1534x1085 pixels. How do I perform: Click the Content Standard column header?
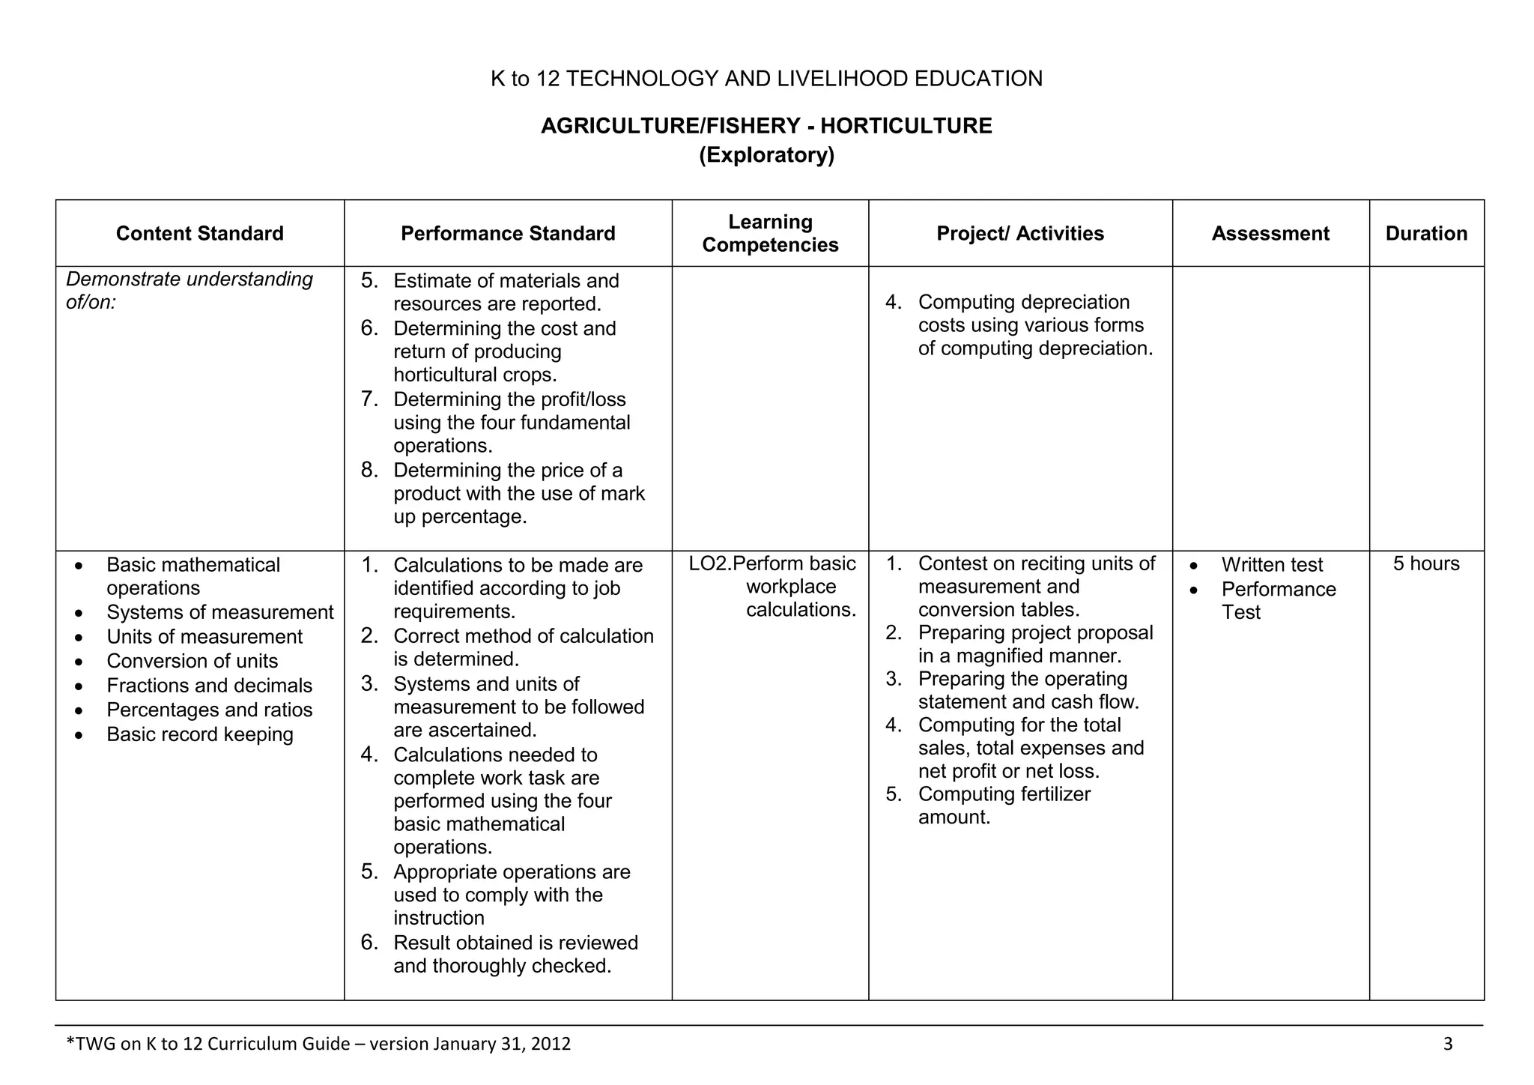pyautogui.click(x=199, y=234)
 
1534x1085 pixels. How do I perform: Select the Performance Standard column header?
pyautogui.click(x=508, y=234)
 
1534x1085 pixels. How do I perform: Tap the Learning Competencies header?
pyautogui.click(x=770, y=233)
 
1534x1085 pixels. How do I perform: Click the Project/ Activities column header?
pyautogui.click(x=1020, y=234)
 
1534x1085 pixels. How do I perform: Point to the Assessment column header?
pyautogui.click(x=1270, y=234)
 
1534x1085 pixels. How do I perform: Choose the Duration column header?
pyautogui.click(x=1426, y=234)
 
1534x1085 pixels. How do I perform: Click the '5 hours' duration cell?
pyautogui.click(x=1426, y=563)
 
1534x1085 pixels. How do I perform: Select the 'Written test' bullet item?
pyautogui.click(x=1272, y=565)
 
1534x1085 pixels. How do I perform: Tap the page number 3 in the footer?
pyautogui.click(x=1447, y=1044)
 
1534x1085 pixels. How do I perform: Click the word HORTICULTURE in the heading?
pyautogui.click(x=906, y=126)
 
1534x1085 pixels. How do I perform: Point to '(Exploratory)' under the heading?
pyautogui.click(x=766, y=155)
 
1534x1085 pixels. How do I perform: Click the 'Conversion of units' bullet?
pyautogui.click(x=192, y=661)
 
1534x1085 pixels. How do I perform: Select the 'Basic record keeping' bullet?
pyautogui.click(x=199, y=734)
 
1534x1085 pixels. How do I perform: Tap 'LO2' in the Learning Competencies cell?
pyautogui.click(x=708, y=563)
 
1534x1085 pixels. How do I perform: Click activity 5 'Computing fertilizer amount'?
pyautogui.click(x=1004, y=806)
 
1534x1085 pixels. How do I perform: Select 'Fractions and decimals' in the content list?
pyautogui.click(x=209, y=686)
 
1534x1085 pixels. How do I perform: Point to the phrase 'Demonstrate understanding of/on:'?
pyautogui.click(x=189, y=291)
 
